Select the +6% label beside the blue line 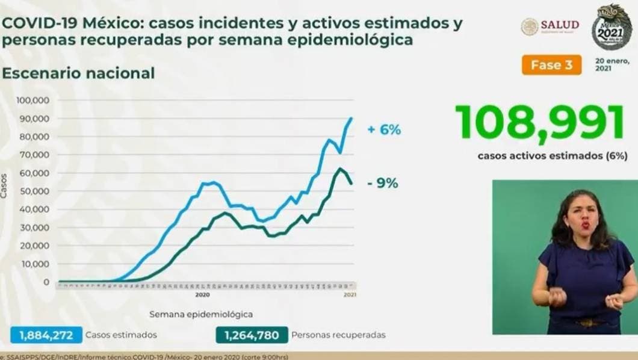[384, 129]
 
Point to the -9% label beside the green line [383, 184]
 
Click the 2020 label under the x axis [202, 295]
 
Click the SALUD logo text [560, 25]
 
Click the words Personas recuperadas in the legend [338, 335]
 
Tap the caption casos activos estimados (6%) [553, 155]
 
